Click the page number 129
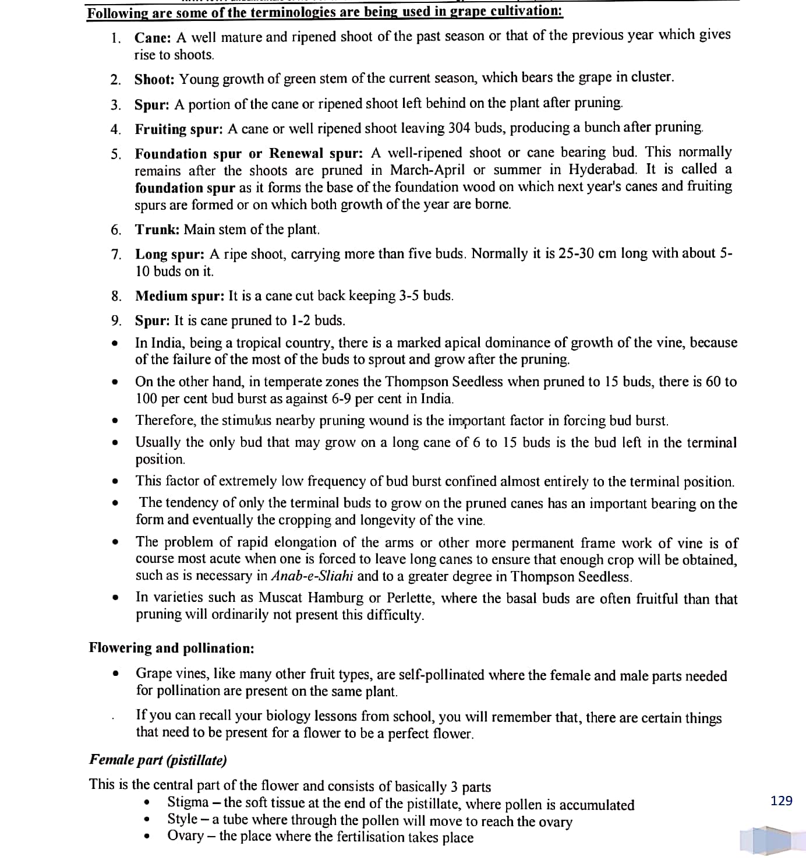(x=781, y=801)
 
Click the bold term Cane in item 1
(x=152, y=38)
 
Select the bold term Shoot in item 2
(x=154, y=79)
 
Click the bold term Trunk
(x=157, y=230)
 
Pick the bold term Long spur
(x=169, y=255)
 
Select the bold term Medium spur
(x=179, y=296)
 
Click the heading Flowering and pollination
(x=171, y=648)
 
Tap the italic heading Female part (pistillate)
(x=158, y=760)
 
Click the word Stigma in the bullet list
(x=188, y=802)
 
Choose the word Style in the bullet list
(x=182, y=819)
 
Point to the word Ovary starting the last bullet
(x=185, y=836)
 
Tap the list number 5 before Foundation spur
(x=116, y=154)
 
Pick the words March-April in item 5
(x=427, y=170)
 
